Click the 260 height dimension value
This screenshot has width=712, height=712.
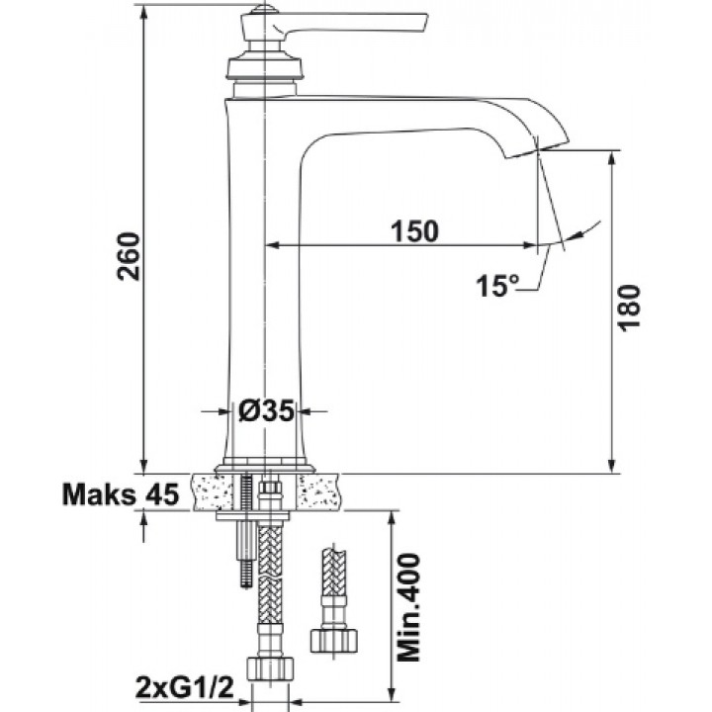[x=128, y=256]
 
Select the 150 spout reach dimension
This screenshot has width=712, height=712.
[x=415, y=230]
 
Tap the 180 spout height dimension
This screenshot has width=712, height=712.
[x=630, y=308]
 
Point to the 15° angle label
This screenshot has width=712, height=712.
[x=496, y=286]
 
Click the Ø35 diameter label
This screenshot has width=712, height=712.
[x=267, y=411]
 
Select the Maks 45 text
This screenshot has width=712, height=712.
[x=121, y=494]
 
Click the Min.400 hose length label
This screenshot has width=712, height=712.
[x=408, y=606]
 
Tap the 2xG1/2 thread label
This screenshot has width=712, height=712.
[x=184, y=688]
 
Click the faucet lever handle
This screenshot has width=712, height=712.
[x=335, y=24]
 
